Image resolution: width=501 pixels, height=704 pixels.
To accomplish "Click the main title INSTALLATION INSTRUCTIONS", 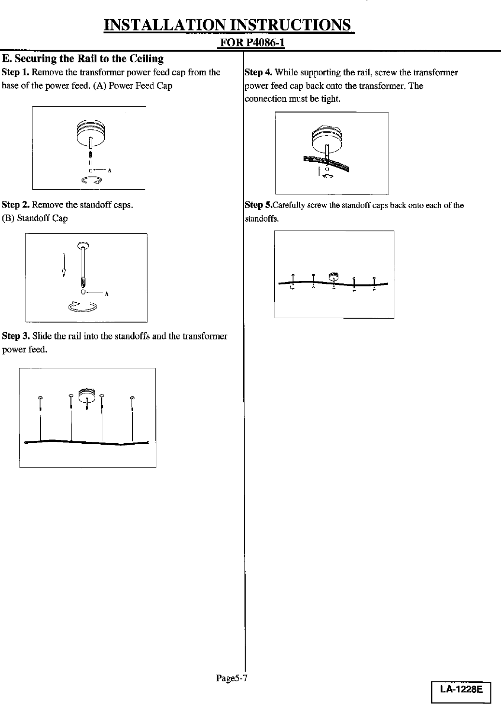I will [229, 25].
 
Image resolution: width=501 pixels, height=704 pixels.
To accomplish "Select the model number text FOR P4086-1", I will [252, 43].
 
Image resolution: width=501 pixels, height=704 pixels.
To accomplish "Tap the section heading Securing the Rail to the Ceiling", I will [83, 59].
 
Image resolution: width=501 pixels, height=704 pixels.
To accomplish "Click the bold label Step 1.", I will [15, 72].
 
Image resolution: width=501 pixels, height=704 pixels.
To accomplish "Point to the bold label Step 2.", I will [15, 205].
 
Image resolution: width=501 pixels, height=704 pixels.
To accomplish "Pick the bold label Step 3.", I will [15, 336].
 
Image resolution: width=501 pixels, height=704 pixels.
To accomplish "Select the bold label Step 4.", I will [259, 73].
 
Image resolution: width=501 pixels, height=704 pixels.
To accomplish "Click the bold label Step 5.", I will [259, 205].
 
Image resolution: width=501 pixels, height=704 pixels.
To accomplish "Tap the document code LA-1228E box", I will [461, 690].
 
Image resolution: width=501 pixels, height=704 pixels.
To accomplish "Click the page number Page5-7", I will [231, 678].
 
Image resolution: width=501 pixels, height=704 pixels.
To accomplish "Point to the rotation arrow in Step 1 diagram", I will [92, 180].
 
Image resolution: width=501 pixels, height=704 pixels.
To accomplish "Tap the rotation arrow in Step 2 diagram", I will [83, 306].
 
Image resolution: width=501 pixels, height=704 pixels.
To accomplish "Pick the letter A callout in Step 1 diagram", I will [110, 170].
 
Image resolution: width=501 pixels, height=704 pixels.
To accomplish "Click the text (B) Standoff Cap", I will [35, 218].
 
